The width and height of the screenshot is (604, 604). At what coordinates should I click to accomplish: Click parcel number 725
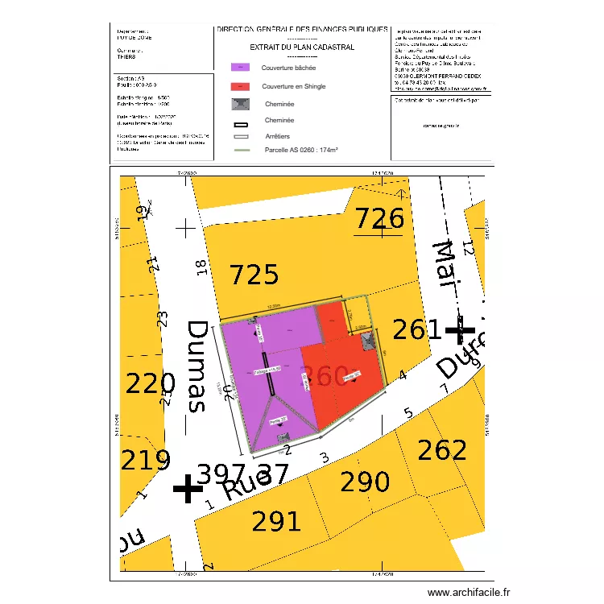coord(254,275)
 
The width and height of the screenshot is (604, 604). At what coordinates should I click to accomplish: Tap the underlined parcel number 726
coord(379,219)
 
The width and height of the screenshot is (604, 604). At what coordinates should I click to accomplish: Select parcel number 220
coord(151,384)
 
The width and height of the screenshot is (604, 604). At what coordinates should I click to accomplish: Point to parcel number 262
coord(442,450)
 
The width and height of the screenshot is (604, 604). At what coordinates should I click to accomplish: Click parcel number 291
coord(277,521)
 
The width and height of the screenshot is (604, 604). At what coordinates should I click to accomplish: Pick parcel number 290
coord(365,483)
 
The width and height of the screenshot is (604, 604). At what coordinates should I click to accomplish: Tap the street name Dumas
coord(197,366)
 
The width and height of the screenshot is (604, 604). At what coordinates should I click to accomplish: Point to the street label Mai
coord(445,263)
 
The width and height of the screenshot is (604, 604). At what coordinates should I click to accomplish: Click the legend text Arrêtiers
coord(278,137)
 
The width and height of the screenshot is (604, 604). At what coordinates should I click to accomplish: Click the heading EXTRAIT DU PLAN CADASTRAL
coord(302,48)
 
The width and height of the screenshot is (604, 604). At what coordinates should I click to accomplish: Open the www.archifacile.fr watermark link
coord(469,593)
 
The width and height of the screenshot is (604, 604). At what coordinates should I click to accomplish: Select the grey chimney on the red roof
coord(367,341)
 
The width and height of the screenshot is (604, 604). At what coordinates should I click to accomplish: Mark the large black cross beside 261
coord(460,329)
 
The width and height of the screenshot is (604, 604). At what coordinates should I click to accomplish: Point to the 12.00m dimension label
coord(274,307)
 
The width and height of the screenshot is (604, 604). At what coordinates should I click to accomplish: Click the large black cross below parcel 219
coord(188,488)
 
